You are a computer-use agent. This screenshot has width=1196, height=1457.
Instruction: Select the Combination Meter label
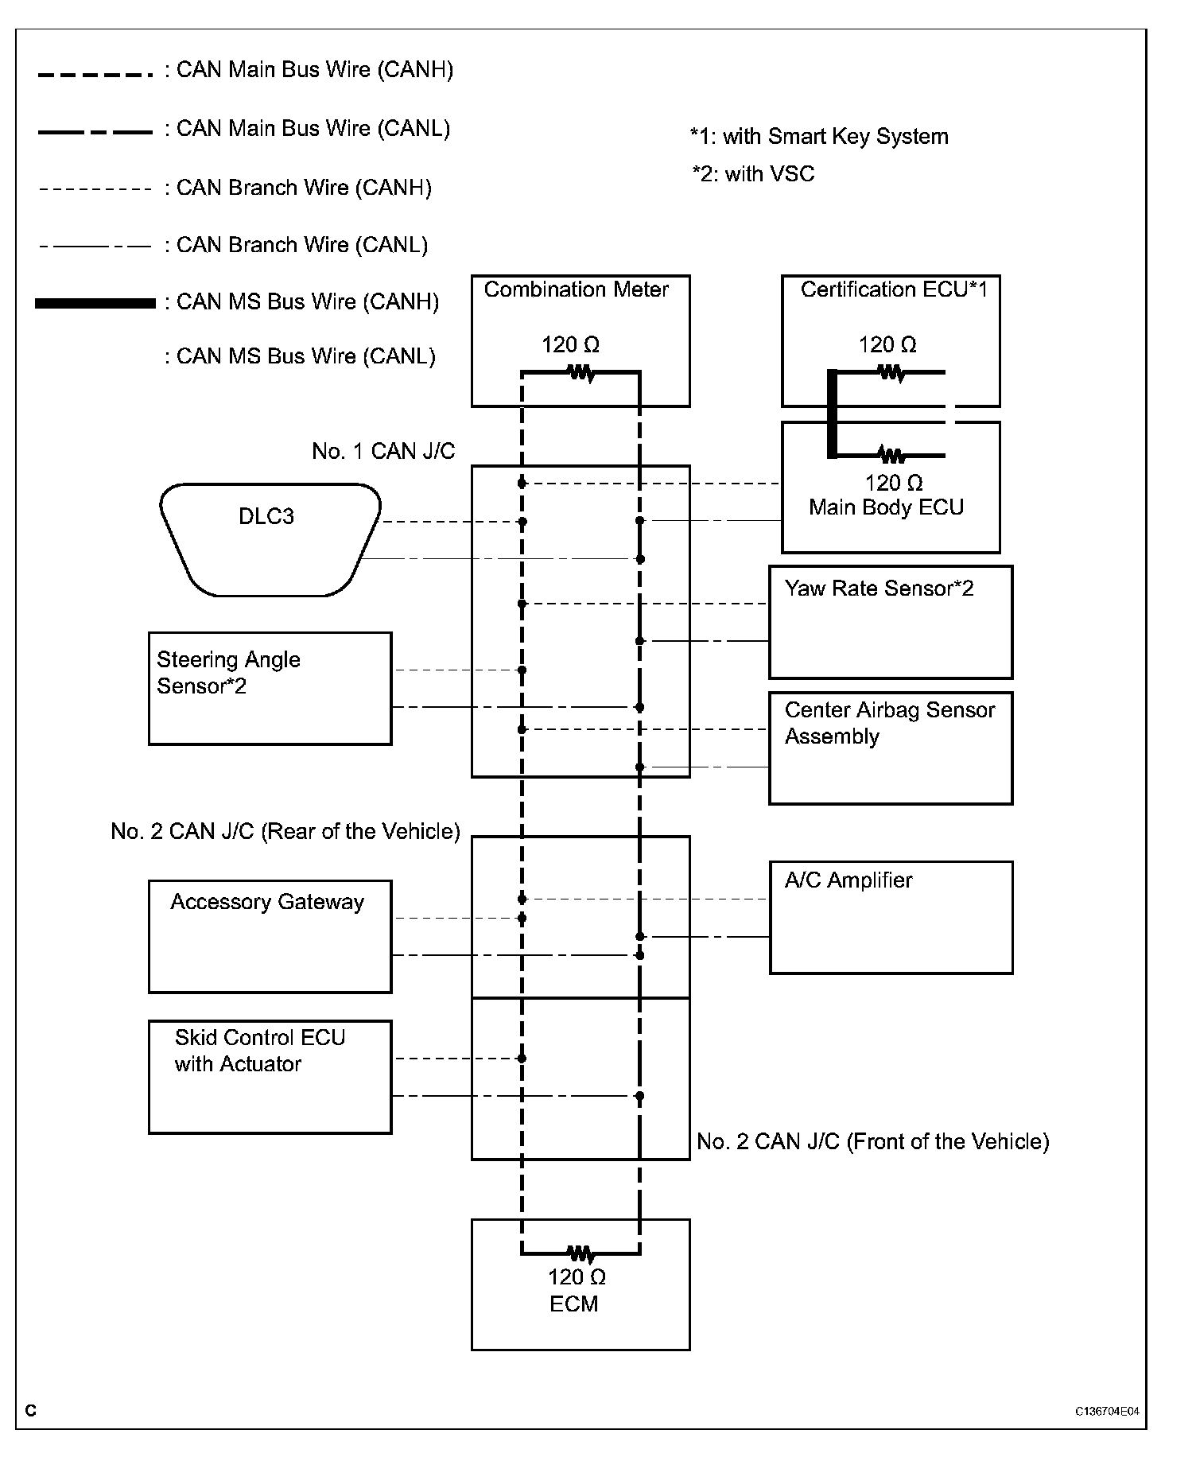[x=577, y=289]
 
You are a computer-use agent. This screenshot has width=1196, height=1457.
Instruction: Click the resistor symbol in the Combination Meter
[x=581, y=371]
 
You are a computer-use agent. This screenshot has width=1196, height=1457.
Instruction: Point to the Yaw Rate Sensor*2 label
[x=879, y=589]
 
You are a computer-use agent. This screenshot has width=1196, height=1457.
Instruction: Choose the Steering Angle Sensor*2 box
[x=270, y=689]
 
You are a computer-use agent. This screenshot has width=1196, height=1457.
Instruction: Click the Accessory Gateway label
[x=267, y=902]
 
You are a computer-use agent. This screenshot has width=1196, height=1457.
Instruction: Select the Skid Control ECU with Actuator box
[x=270, y=1077]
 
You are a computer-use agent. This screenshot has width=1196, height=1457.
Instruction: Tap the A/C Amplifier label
[x=848, y=880]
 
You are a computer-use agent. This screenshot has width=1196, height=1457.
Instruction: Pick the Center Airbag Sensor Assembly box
[x=890, y=748]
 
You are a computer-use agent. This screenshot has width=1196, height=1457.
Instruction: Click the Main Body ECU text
[x=886, y=507]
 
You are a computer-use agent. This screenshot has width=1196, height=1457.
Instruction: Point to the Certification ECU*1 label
[x=894, y=289]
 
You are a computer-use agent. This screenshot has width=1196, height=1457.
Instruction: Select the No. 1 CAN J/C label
[x=383, y=452]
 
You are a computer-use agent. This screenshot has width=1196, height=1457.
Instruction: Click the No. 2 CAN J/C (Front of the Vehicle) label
[x=872, y=1142]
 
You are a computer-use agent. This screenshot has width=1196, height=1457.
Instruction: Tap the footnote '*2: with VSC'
[x=753, y=174]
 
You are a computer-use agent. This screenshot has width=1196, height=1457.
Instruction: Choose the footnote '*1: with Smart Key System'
[x=819, y=137]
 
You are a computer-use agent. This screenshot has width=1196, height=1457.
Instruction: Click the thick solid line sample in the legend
[x=95, y=303]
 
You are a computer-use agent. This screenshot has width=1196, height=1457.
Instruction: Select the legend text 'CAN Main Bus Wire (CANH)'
[x=314, y=70]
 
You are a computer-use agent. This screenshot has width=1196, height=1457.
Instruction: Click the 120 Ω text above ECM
[x=577, y=1276]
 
